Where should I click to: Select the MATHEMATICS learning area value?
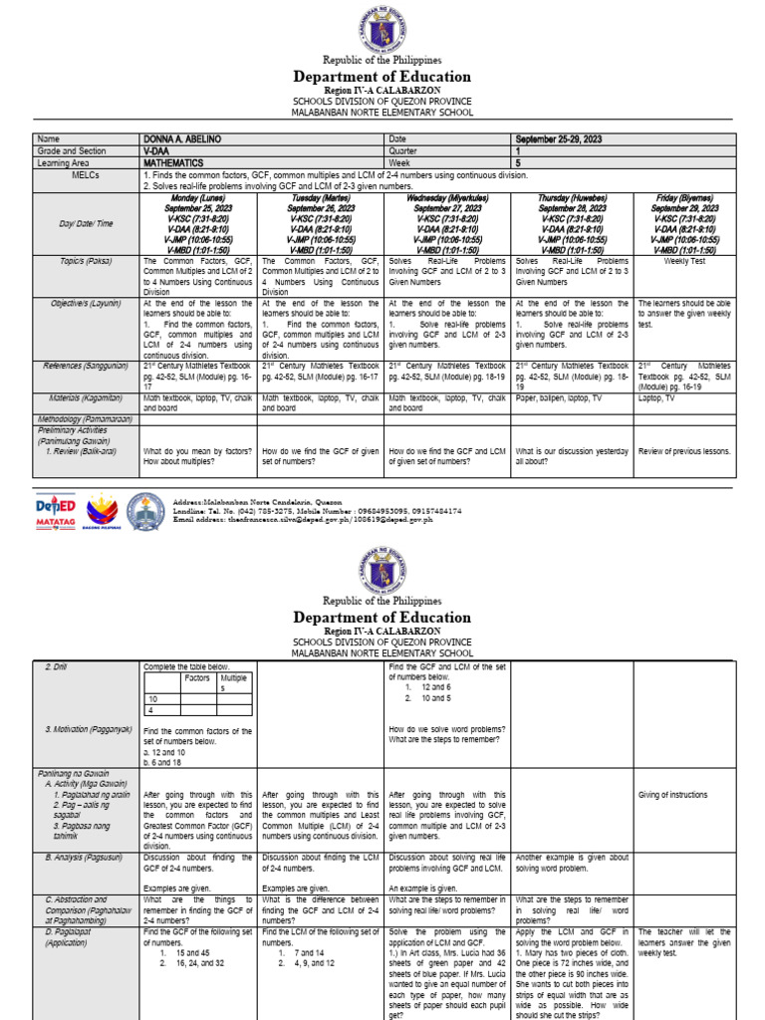[x=173, y=162]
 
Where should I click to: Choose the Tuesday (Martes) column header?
[x=320, y=199]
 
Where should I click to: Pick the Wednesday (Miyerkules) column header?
[x=447, y=199]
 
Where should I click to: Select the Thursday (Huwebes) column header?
[x=573, y=199]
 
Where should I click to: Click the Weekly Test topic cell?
[x=684, y=261]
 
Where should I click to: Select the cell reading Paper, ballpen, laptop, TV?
[x=558, y=397]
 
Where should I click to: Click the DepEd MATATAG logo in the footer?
[x=56, y=512]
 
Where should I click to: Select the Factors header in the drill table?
[x=198, y=677]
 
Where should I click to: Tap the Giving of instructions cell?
[x=673, y=795]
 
